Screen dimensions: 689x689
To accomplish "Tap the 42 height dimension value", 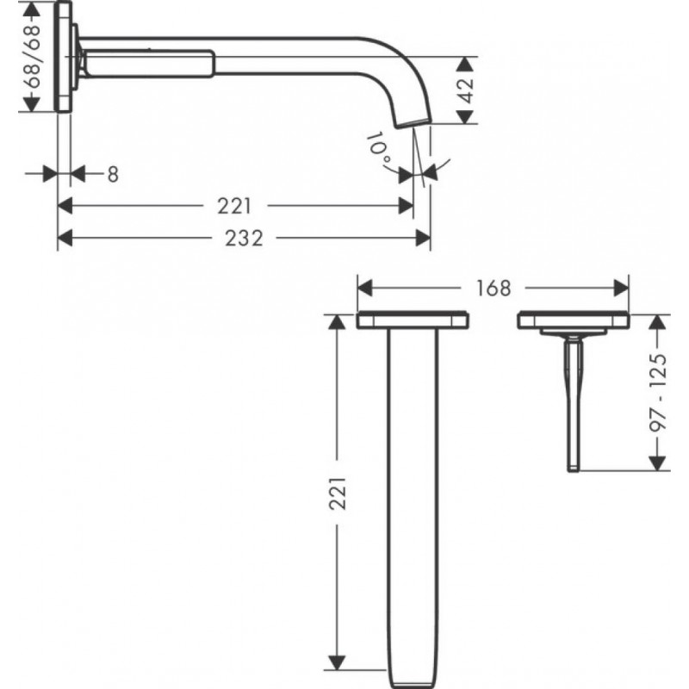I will [x=466, y=90].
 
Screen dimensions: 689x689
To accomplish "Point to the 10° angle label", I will [x=380, y=148].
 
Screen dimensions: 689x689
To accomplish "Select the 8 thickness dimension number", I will [x=112, y=174].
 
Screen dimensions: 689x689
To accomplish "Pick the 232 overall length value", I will [x=245, y=239].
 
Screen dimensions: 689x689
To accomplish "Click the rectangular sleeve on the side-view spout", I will [x=152, y=65].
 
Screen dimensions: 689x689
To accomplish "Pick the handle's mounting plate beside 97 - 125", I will [x=573, y=320].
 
